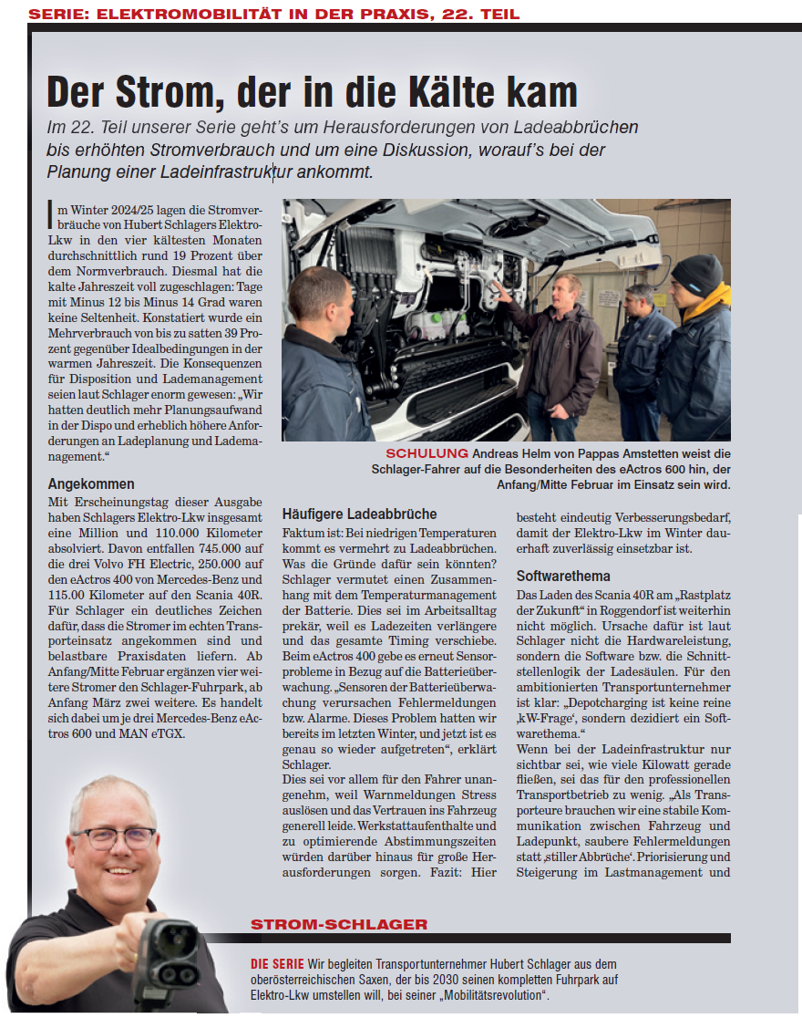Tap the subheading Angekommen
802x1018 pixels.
[x=91, y=483]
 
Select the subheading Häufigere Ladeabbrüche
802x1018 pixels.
[x=359, y=514]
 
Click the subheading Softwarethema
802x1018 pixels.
[x=563, y=576]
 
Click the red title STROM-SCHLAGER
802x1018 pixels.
[x=339, y=925]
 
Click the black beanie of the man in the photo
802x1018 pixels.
[x=697, y=273]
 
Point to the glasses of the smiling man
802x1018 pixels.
[x=114, y=837]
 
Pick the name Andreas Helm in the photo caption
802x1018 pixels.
[x=514, y=453]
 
